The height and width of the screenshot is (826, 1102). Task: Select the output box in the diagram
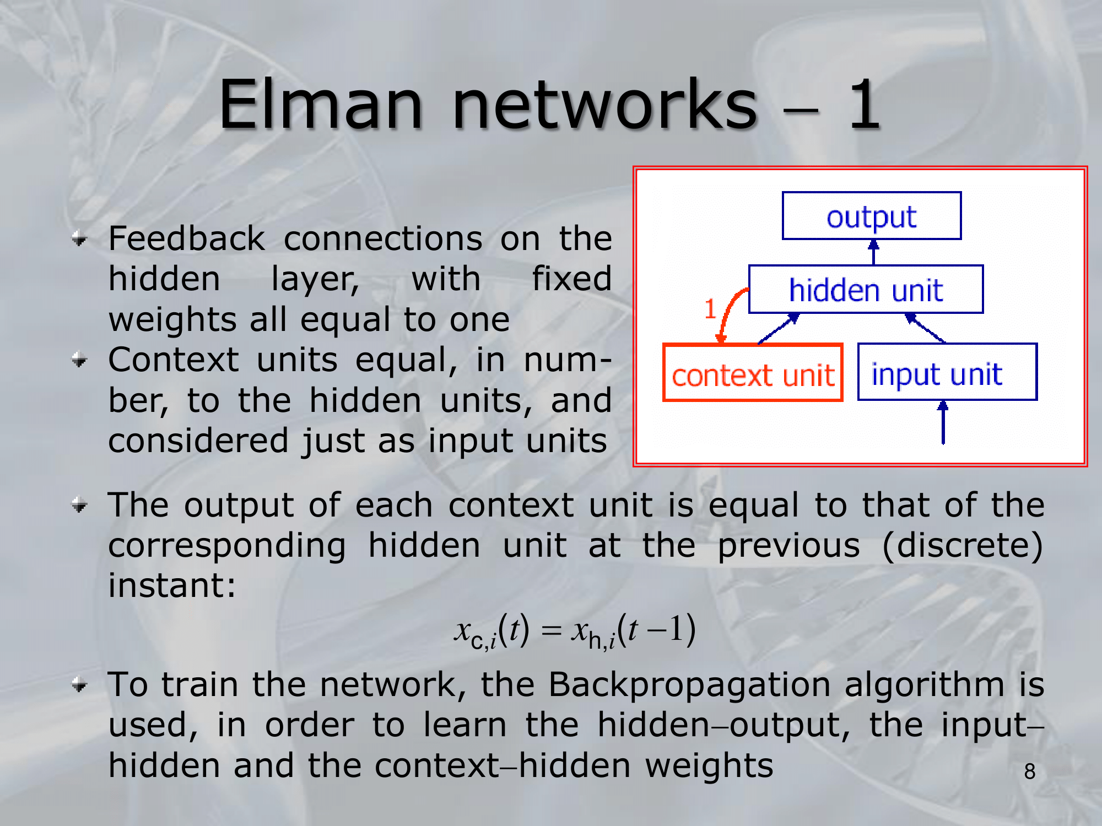point(872,215)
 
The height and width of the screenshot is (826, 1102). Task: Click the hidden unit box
point(866,289)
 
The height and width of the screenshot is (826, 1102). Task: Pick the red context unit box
point(753,372)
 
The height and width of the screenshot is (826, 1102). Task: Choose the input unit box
point(947,372)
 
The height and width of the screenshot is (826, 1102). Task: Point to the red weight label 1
point(710,309)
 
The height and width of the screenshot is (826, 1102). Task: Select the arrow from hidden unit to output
point(873,252)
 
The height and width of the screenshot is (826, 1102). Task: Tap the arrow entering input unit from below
point(943,422)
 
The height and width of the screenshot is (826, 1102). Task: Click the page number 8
point(1029,771)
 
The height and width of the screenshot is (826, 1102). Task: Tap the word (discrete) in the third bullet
point(962,545)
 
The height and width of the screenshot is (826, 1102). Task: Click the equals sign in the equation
point(550,631)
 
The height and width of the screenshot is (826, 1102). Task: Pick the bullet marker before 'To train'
point(80,685)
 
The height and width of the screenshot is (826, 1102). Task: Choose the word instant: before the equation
point(172,585)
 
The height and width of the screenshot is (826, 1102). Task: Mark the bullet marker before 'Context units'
point(80,361)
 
